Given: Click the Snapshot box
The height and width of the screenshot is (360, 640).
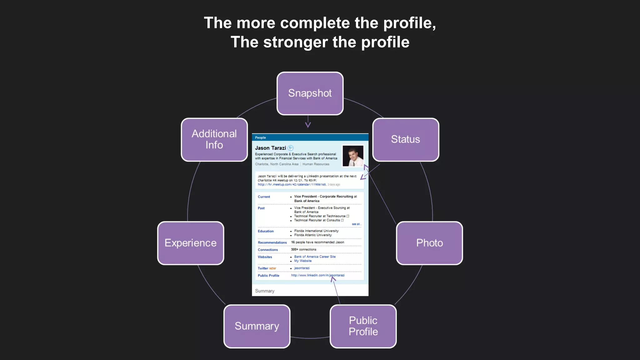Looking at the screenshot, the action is click(x=310, y=93).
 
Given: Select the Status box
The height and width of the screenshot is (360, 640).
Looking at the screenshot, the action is click(x=406, y=139).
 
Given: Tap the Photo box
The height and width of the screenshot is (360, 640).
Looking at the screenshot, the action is click(x=429, y=243).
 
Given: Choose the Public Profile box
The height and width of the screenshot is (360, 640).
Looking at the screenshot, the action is click(x=363, y=326).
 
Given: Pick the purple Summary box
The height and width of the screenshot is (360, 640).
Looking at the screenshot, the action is click(x=257, y=326).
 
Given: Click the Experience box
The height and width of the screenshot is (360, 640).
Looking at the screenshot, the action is click(x=191, y=243).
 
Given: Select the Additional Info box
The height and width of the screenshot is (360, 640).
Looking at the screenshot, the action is click(x=214, y=139).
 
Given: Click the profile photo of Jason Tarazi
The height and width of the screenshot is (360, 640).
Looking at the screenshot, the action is click(x=353, y=156).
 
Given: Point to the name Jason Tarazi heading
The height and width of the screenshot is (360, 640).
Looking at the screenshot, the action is click(x=270, y=148).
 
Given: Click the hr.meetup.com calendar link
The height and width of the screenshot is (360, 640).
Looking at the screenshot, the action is click(x=292, y=185).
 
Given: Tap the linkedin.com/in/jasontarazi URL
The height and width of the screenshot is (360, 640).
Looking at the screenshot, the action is click(x=318, y=275).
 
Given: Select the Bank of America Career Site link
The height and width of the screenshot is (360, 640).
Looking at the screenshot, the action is click(x=315, y=257).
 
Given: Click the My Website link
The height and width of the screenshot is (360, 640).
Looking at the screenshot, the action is click(x=303, y=261).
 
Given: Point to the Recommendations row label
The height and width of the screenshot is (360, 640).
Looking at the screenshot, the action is click(x=272, y=242).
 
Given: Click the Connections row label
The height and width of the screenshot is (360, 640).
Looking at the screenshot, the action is click(x=267, y=250).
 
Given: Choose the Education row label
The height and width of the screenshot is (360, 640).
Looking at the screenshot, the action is click(x=266, y=231).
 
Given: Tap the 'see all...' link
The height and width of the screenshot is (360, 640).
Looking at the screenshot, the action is click(x=356, y=224).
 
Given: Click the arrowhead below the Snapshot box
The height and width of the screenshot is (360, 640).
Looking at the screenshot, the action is click(x=308, y=125).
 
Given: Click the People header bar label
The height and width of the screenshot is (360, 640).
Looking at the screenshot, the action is click(x=260, y=137).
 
